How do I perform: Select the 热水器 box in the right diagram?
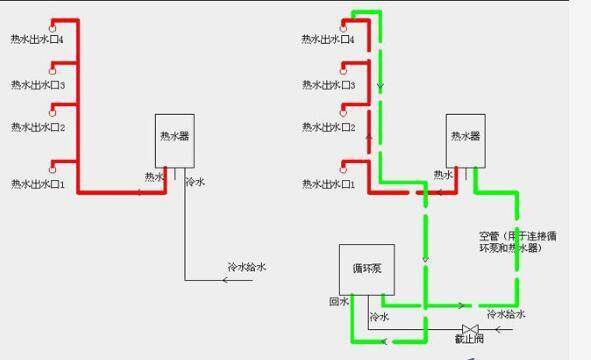466,138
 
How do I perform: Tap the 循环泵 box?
362,269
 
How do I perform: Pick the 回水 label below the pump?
337,301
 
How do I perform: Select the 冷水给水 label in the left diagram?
246,267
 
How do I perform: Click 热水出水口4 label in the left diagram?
38,40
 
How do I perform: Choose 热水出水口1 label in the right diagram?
329,184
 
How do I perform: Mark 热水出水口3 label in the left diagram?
38,85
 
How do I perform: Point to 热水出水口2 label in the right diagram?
329,128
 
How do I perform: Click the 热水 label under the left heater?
153,177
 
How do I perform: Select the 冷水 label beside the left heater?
195,183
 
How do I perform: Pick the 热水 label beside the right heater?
443,175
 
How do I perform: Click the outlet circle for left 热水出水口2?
52,113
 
